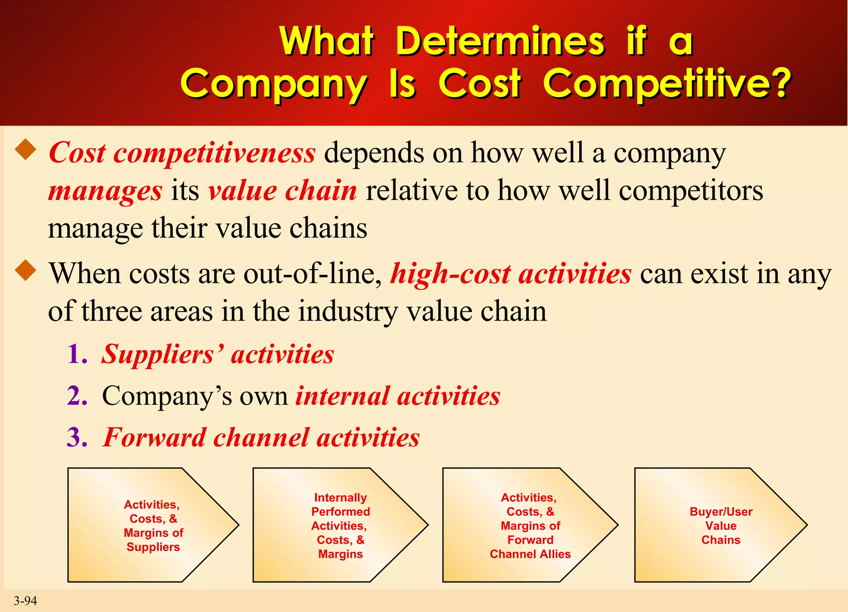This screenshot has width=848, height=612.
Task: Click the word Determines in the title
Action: [500, 41]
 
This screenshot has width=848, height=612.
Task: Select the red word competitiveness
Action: [214, 153]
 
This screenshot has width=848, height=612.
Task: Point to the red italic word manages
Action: [105, 191]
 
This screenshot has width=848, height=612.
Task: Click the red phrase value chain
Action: [282, 191]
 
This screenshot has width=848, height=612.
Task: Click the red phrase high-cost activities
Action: [511, 274]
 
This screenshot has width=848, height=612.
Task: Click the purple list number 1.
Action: [77, 355]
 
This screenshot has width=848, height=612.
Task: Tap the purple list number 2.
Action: [77, 396]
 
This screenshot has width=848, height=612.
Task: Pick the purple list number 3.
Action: [77, 437]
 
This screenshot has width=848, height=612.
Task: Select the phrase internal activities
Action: [397, 396]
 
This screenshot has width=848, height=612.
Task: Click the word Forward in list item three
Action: [154, 437]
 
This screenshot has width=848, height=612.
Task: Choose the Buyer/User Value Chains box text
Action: [721, 526]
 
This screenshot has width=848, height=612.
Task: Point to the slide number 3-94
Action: [25, 600]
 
